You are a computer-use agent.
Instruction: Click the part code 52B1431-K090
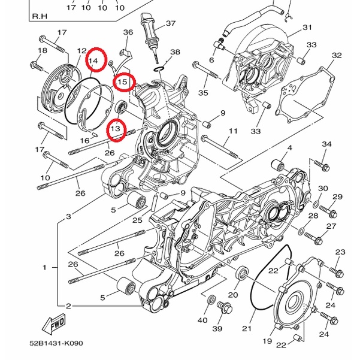56,343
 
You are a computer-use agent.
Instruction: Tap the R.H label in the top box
40,16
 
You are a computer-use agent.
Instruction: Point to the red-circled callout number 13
116,128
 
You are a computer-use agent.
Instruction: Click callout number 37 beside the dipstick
171,23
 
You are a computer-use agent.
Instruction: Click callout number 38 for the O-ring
175,52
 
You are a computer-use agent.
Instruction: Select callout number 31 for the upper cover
307,28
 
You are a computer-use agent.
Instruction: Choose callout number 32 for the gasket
337,55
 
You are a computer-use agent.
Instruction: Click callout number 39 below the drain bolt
217,328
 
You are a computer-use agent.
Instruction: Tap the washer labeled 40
211,300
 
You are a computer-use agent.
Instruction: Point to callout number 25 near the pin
138,220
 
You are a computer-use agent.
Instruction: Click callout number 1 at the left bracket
45,268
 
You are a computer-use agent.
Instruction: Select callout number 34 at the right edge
326,144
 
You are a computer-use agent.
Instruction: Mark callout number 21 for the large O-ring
247,328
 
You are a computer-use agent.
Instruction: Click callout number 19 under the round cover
267,341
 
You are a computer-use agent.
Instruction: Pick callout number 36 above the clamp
128,32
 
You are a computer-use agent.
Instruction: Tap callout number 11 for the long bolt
233,131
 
